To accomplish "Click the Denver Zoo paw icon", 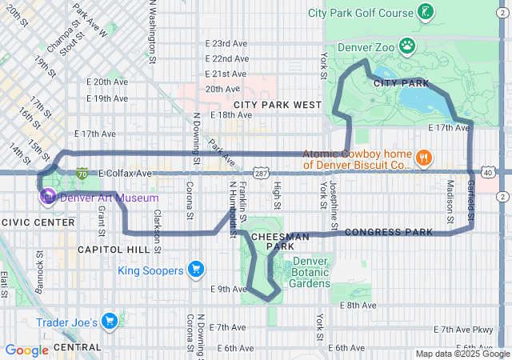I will click(407, 45).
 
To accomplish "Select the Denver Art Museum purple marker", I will click(47, 197).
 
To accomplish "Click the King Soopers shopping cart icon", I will click(194, 270).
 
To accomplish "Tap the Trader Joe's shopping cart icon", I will click(110, 322).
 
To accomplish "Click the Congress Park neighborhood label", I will click(389, 232).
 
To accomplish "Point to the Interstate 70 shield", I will click(82, 172).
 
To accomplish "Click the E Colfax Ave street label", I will click(125, 173).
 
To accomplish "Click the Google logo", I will click(26, 350).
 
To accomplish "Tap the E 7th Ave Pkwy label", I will click(463, 330).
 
